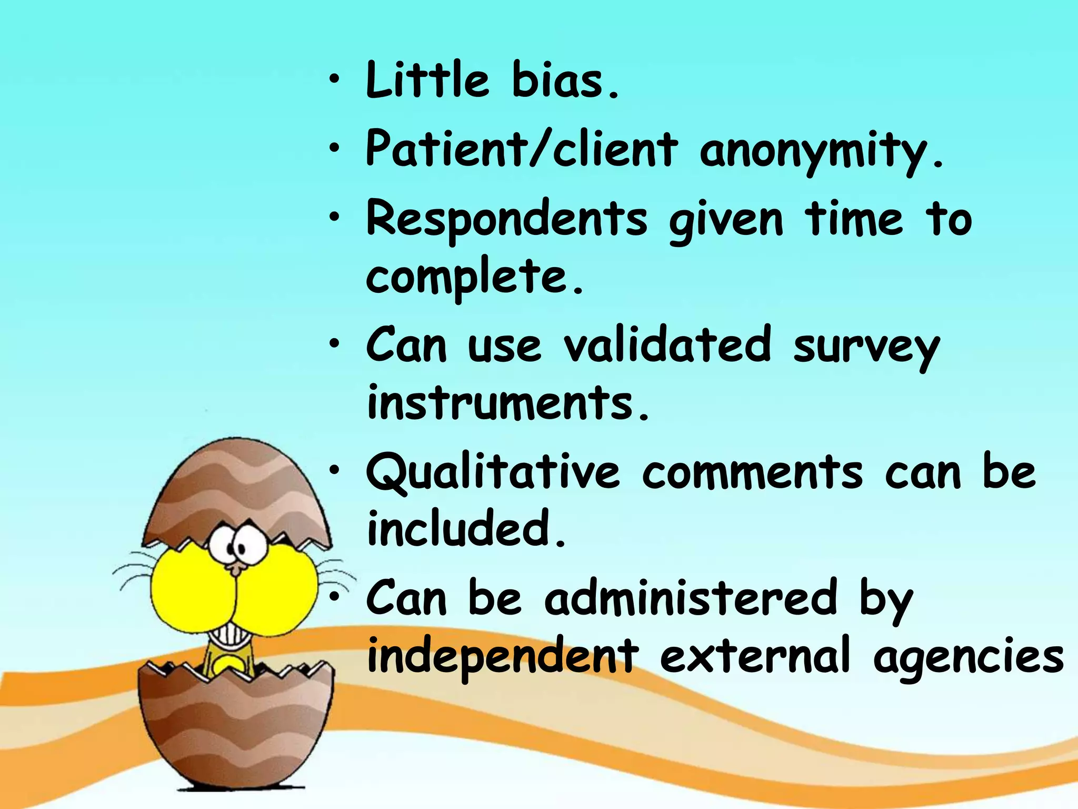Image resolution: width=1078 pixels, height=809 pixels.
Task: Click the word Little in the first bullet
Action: (427, 80)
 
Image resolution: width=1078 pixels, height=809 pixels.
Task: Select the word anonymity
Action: (821, 150)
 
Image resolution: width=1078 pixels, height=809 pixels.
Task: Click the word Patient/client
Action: (521, 149)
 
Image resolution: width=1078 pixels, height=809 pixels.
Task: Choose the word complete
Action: (474, 277)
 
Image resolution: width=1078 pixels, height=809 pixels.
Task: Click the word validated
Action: (667, 346)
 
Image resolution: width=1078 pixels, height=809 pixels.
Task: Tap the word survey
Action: (866, 348)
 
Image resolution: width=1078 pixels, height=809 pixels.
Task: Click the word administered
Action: (691, 598)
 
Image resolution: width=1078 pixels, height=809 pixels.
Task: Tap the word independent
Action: (502, 656)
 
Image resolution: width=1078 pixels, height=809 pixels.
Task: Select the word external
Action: (755, 656)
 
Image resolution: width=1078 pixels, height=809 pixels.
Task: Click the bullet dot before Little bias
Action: (334, 81)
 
